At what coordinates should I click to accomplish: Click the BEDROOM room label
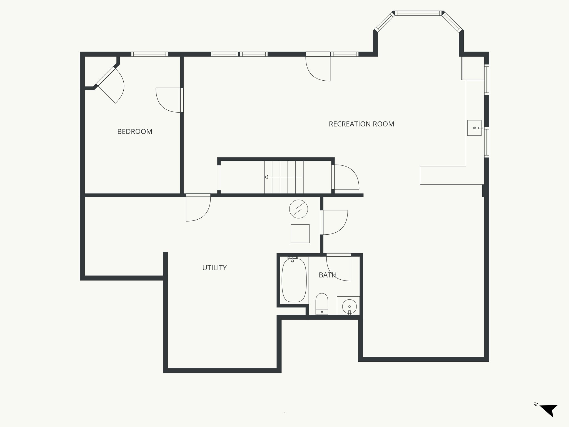click(135, 131)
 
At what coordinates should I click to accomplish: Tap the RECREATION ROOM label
click(361, 124)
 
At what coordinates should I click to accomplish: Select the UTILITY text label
click(214, 268)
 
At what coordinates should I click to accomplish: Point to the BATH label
click(328, 275)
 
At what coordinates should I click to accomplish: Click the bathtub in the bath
click(294, 280)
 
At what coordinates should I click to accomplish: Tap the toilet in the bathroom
click(322, 304)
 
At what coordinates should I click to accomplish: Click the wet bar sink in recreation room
click(474, 128)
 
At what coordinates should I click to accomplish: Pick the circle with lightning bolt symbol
click(298, 209)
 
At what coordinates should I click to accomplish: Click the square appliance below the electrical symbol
click(300, 234)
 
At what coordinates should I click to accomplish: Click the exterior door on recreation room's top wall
click(318, 68)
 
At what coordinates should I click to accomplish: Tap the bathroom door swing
click(339, 267)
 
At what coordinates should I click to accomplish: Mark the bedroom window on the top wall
click(149, 54)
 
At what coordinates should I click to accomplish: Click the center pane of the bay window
click(418, 13)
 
